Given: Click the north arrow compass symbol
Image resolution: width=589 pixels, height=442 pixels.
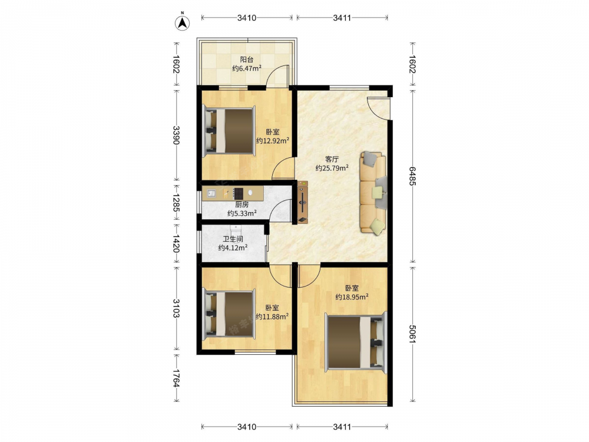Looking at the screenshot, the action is [182, 22].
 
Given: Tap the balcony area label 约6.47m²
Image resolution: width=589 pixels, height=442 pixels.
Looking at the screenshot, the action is [247, 68].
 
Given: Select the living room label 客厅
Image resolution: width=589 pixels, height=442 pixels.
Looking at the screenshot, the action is [332, 159].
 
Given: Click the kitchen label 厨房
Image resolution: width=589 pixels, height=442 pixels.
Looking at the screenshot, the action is [242, 205].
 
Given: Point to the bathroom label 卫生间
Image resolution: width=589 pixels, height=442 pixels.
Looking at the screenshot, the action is [233, 239].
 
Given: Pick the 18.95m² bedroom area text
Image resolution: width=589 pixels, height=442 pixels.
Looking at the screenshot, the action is [352, 297].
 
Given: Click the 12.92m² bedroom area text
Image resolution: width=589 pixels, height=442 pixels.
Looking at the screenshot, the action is [273, 141].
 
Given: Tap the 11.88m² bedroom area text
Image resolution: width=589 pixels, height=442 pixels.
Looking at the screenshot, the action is [272, 316].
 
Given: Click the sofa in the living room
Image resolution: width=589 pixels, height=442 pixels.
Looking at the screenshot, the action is [373, 193].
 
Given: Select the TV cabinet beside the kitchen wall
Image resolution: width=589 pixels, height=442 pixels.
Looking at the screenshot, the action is [303, 202].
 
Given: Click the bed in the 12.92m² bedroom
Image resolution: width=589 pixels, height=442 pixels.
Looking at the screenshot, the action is [229, 131].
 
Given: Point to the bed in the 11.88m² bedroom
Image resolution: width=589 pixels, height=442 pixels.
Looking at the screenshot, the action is [229, 314].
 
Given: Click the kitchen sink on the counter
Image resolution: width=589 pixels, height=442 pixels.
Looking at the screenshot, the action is [211, 193].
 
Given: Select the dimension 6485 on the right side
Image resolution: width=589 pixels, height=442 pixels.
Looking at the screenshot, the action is [412, 176].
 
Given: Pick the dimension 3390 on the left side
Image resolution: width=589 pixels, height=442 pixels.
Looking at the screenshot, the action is [176, 135].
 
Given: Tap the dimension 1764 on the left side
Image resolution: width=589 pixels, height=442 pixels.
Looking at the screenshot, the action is [176, 377].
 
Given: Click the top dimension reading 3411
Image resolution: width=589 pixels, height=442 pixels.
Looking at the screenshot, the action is [342, 18].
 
